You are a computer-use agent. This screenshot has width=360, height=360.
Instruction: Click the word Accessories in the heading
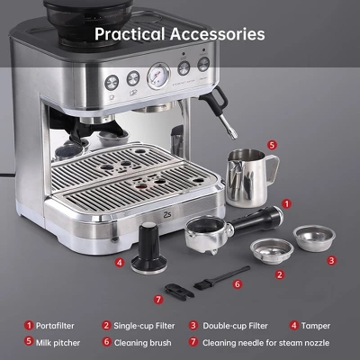pos(220,34)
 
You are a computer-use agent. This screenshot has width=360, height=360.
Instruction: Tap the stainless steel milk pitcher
pos(247,176)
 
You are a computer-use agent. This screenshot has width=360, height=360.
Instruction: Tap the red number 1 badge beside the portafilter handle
pos(286,205)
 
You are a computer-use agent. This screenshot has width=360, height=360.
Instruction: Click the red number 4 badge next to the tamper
pos(121,264)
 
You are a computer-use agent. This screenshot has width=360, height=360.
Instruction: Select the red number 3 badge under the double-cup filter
pos(331,260)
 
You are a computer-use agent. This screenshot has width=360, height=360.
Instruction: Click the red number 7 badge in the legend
pos(193,342)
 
